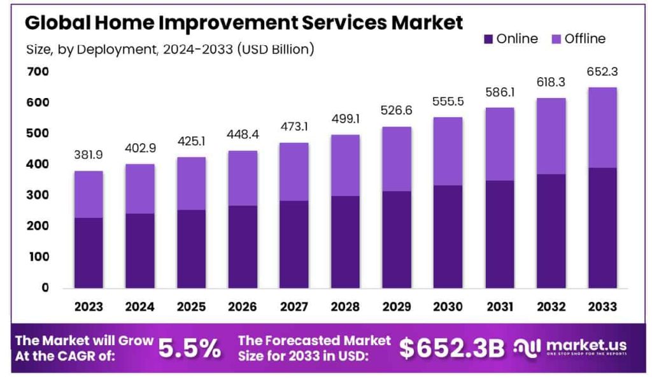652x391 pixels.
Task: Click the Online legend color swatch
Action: point(488,39)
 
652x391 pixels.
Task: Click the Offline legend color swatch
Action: point(556,39)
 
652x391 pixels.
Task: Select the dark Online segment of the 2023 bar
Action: point(88,253)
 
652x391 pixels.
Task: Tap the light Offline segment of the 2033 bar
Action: point(602,127)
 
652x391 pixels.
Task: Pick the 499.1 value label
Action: point(345,119)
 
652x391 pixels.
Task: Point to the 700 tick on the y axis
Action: point(38,71)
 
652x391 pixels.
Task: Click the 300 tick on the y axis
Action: point(38,195)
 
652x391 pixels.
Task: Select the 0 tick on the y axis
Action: point(45,288)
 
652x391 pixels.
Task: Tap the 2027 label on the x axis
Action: point(294,307)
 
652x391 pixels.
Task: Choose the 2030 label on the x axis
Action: point(448,307)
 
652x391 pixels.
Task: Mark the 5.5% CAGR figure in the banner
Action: point(189,348)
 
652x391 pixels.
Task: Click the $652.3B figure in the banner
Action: point(451,348)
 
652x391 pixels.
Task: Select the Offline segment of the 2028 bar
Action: point(345,165)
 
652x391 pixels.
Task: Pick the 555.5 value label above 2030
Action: point(448,101)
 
